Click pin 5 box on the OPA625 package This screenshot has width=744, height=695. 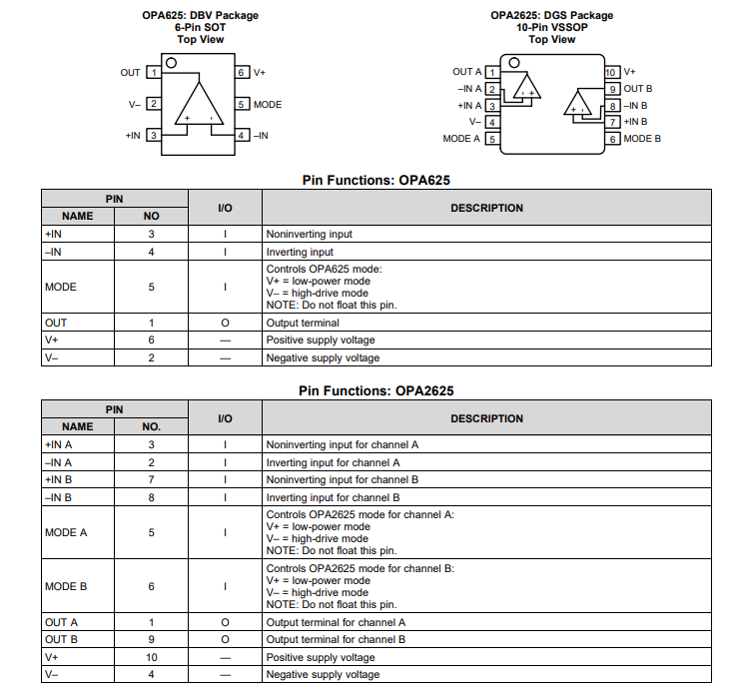242,104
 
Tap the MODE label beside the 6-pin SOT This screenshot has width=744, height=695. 267,105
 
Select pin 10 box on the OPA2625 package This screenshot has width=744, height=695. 611,72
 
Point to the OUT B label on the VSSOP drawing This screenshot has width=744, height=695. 638,89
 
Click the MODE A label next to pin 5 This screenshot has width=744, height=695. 461,139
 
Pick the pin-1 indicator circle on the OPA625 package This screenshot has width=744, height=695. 172,63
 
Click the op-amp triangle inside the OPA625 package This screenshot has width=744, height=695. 200,104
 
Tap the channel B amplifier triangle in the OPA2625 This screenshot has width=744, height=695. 578,103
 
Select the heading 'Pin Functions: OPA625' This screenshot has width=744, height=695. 376,181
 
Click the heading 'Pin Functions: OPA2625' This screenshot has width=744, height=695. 376,390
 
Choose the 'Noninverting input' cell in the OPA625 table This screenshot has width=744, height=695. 309,234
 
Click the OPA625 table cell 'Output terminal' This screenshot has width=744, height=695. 303,323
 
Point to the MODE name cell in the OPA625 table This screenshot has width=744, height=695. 61,287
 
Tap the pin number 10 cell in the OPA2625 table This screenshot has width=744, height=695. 152,657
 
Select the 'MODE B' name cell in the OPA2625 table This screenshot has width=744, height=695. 66,586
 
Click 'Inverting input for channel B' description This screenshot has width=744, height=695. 334,497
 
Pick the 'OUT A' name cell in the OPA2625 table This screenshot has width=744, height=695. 61,622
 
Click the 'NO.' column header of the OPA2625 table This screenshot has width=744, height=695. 152,426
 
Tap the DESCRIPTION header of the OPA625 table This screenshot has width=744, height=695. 486,208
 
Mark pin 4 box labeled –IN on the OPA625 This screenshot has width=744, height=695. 242,135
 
